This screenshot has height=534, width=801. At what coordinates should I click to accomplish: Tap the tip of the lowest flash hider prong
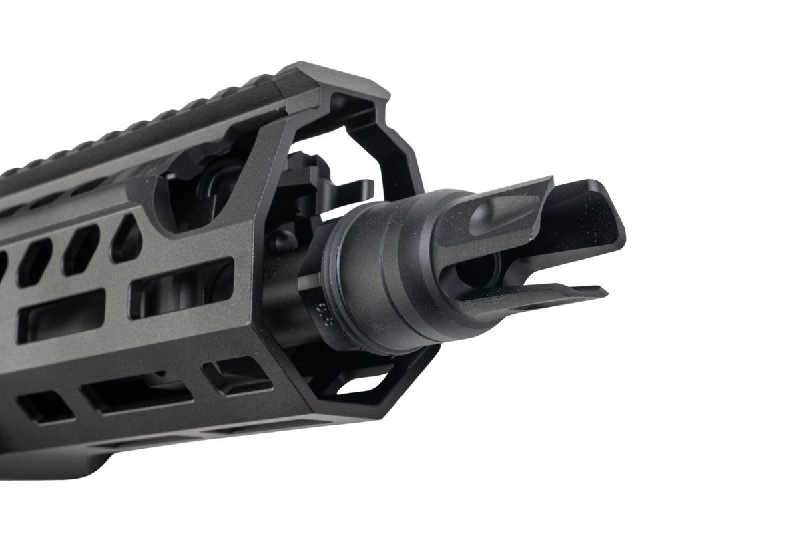point(601,292)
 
